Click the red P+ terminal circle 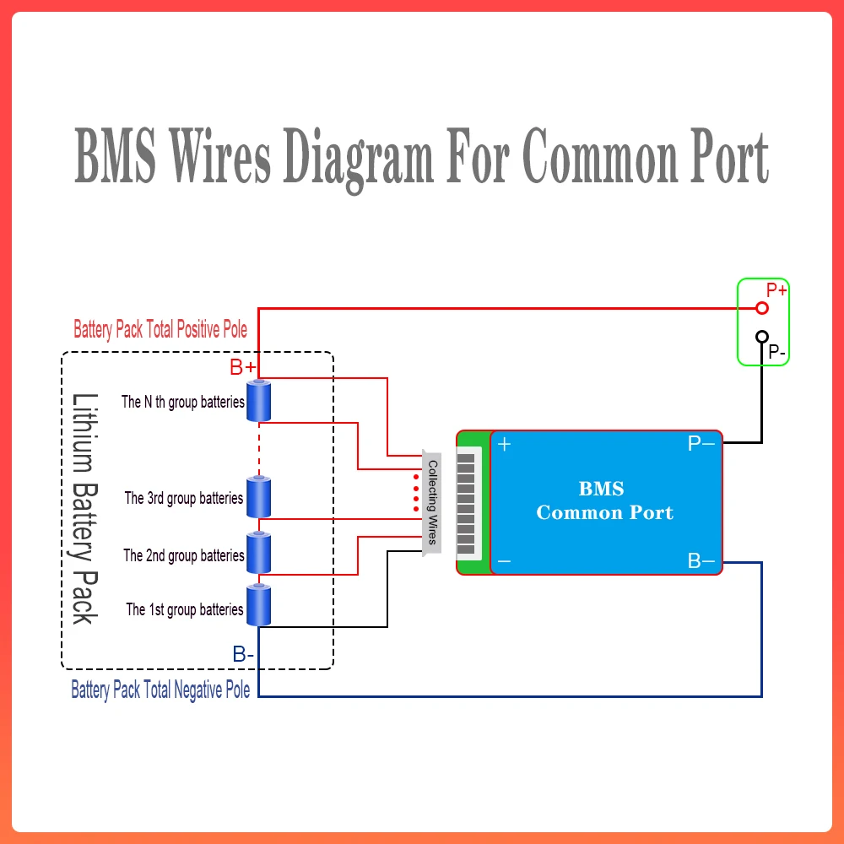761,308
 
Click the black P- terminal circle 761,337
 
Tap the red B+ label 243,367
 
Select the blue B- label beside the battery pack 243,654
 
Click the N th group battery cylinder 259,400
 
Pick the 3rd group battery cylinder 259,497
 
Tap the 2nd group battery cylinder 259,553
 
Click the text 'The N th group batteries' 183,402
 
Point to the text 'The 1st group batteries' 185,609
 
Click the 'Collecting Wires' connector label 432,502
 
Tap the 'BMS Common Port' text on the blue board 604,500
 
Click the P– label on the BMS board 701,444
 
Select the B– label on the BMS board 701,561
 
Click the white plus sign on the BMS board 505,444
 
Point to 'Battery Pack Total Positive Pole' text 160,329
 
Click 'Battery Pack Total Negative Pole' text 160,690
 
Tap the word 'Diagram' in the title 358,159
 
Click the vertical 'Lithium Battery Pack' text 85,509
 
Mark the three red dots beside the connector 416,493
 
